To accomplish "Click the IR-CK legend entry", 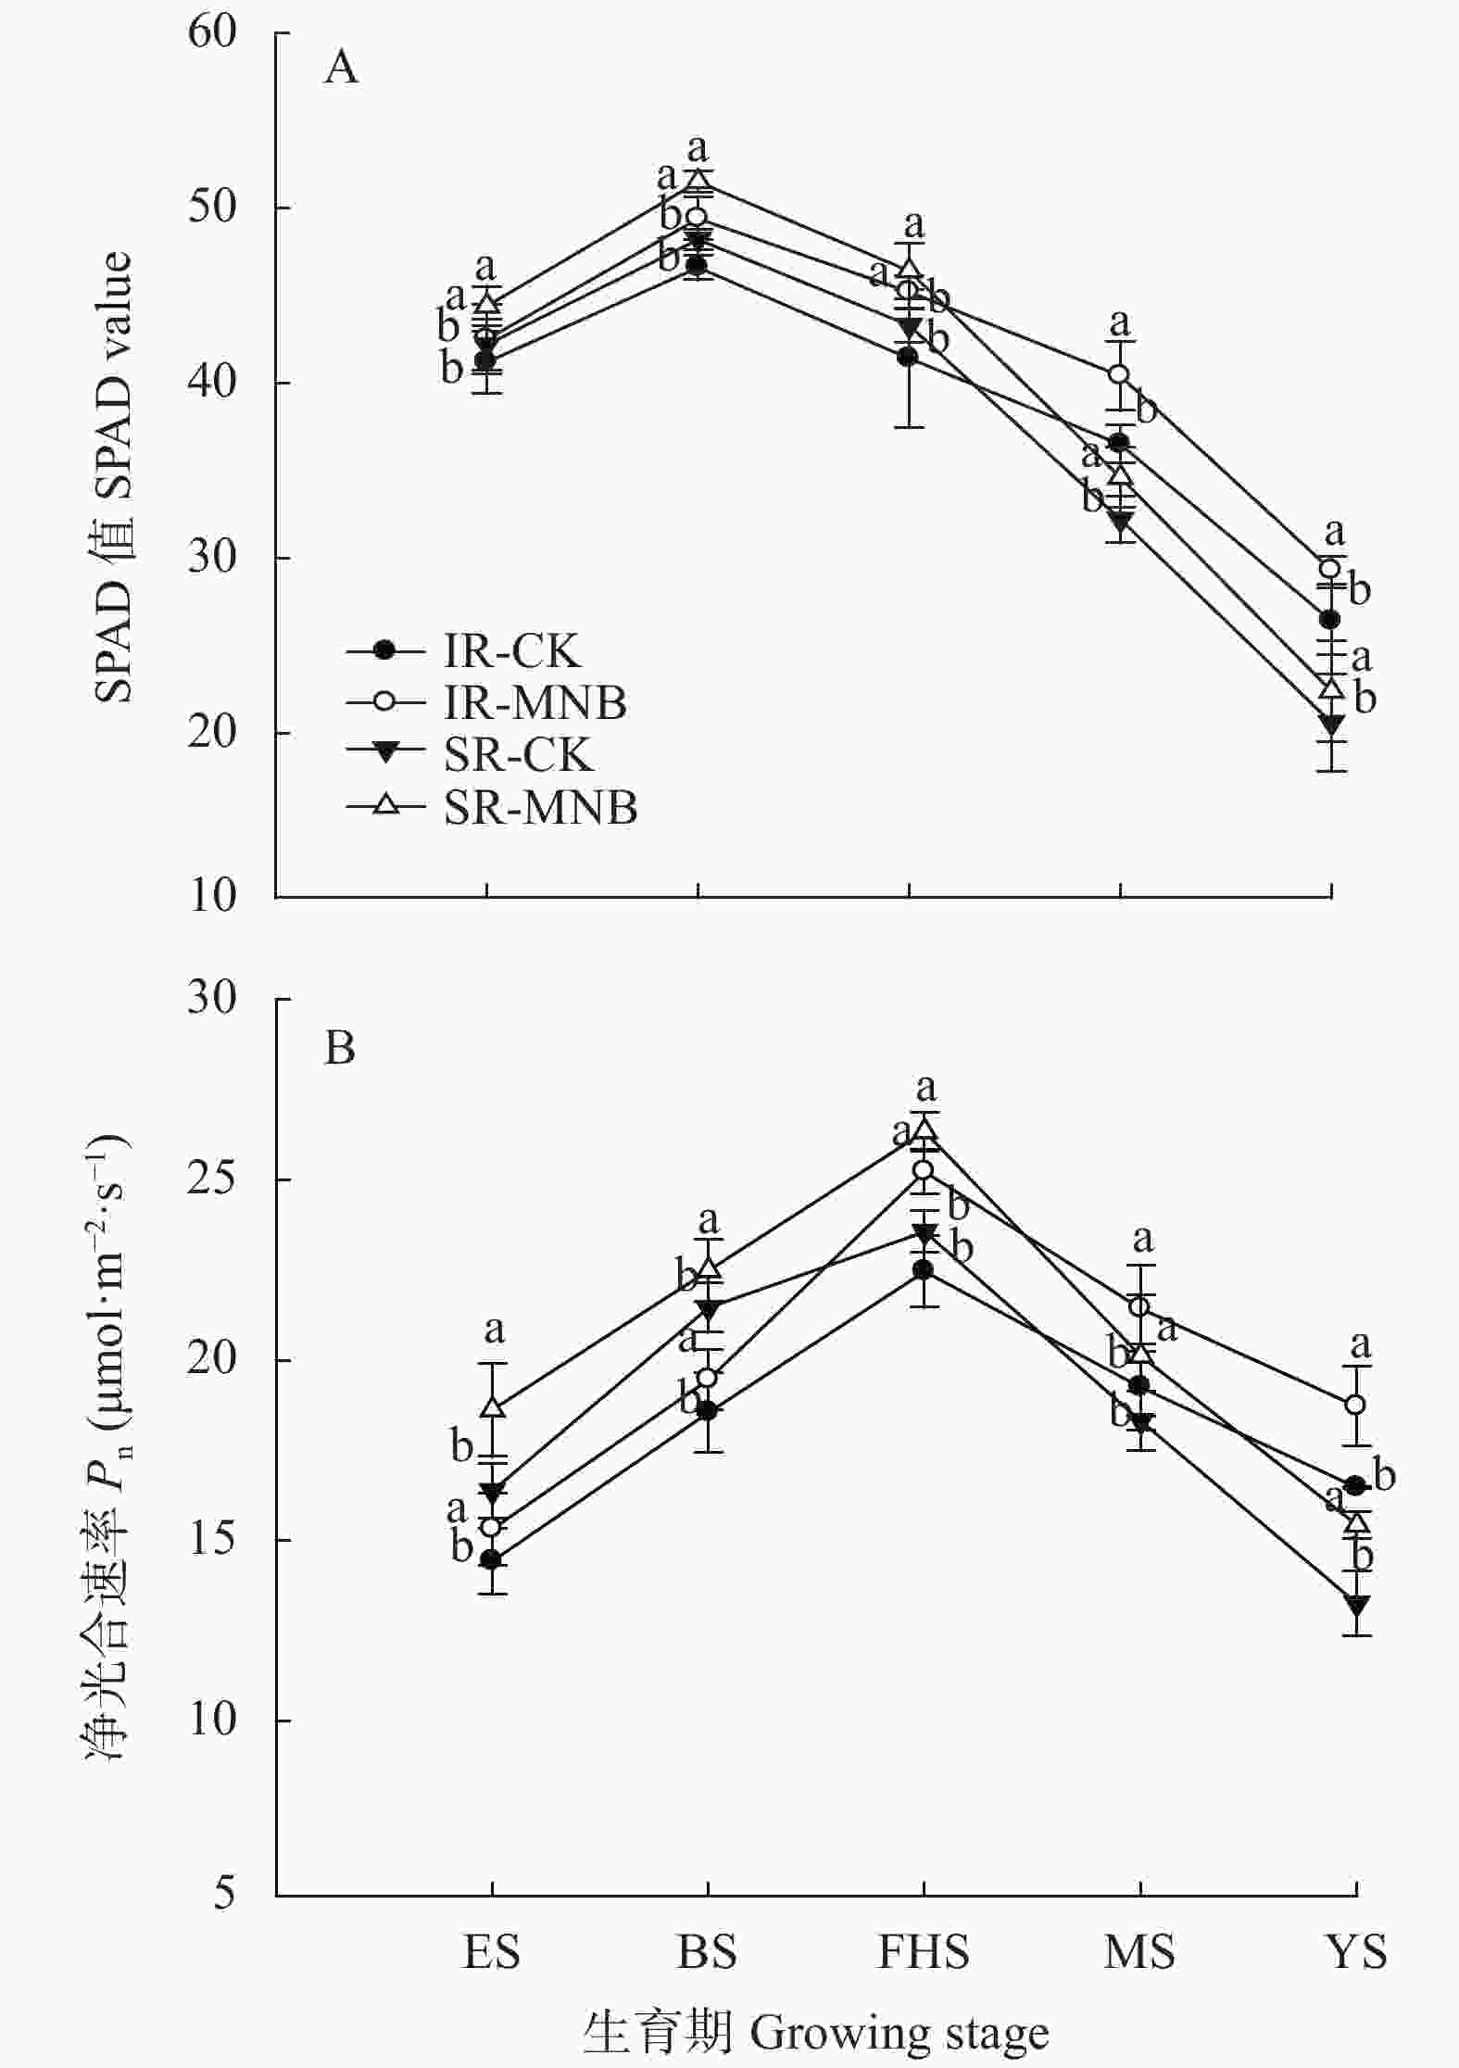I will pyautogui.click(x=511, y=651).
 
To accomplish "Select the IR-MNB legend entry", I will pyautogui.click(x=535, y=703).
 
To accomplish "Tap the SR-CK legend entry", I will pyautogui.click(x=517, y=755).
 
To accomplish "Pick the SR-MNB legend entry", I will pyautogui.click(x=540, y=807).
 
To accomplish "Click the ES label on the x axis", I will pyautogui.click(x=491, y=1951).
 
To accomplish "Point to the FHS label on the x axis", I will pyautogui.click(x=923, y=1951).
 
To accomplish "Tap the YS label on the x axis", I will pyautogui.click(x=1357, y=1951).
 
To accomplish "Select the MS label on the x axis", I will pyautogui.click(x=1139, y=1951).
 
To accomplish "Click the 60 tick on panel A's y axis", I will pyautogui.click(x=212, y=32).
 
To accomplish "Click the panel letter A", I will pyautogui.click(x=341, y=68).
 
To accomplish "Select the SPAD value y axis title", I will pyautogui.click(x=113, y=477).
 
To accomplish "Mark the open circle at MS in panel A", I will pyautogui.click(x=1119, y=373).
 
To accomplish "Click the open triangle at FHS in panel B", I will pyautogui.click(x=924, y=1129).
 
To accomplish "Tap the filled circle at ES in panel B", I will pyautogui.click(x=491, y=1559).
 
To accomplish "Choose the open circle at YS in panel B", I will pyautogui.click(x=1356, y=1405).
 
